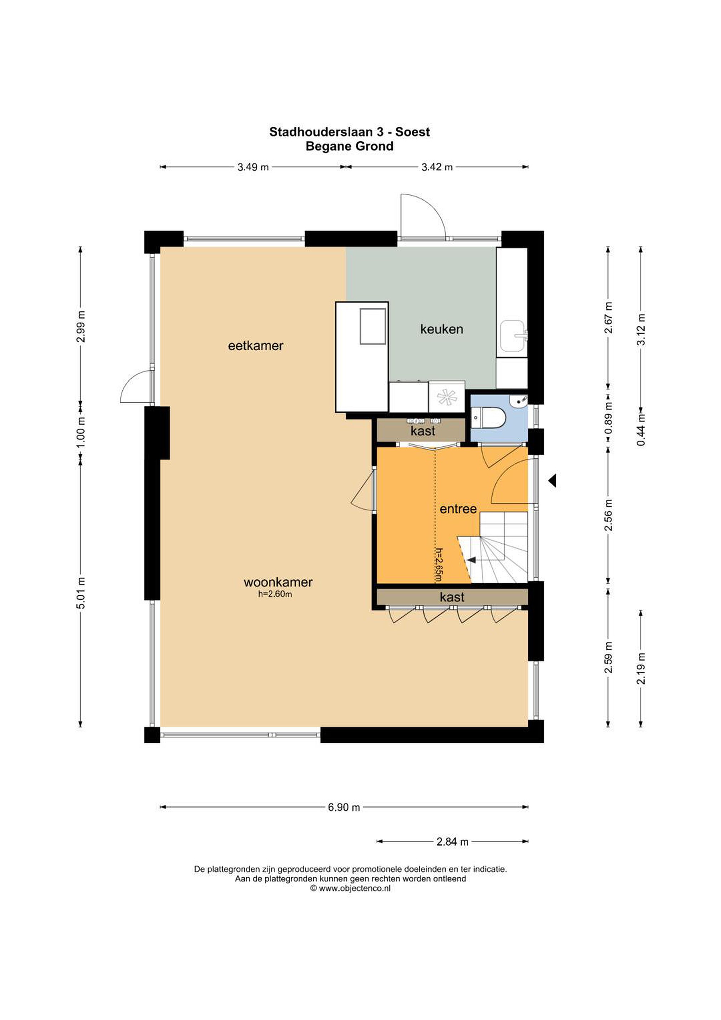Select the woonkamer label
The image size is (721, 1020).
278,582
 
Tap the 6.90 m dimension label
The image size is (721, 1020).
344,807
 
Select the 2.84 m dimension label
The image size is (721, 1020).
452,841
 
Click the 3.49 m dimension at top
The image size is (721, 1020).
253,167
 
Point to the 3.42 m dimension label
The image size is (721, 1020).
437,167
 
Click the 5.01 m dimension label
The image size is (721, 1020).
80,593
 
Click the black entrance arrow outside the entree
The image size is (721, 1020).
552,480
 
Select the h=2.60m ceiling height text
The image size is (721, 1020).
275,594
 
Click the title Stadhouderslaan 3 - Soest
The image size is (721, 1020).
349,132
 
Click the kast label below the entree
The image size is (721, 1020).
452,597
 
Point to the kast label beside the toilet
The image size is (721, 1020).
423,431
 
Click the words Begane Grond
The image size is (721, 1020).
349,146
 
